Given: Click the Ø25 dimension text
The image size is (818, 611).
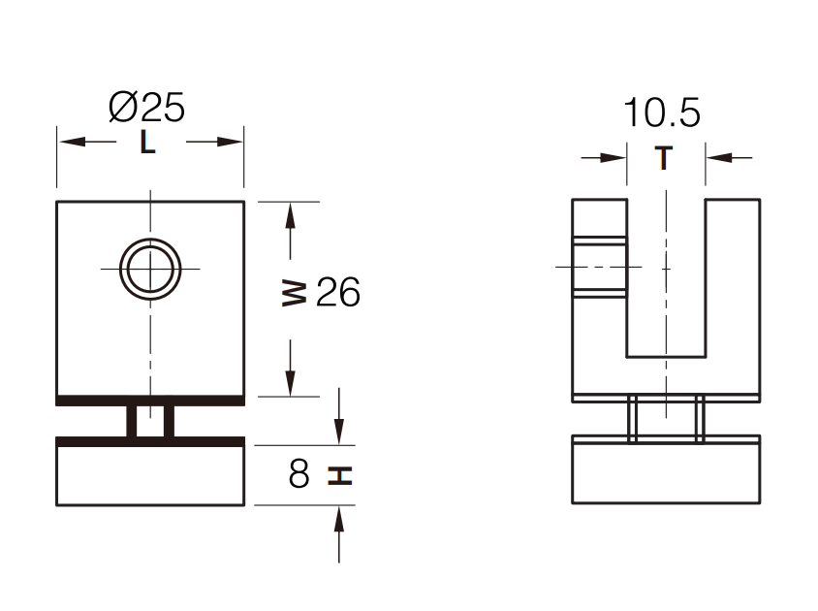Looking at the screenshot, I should point(147,107).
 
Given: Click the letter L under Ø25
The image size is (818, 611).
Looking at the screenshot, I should point(147,143).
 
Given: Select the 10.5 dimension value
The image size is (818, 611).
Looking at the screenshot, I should point(661,113).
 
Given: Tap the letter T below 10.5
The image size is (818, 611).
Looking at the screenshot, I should point(664,157).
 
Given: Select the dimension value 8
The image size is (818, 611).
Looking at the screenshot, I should point(299,475).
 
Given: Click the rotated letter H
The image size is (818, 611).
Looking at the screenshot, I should point(339,475).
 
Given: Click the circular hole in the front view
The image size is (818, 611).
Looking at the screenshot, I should point(150,267).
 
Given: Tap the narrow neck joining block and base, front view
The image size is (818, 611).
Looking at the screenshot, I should point(150,422).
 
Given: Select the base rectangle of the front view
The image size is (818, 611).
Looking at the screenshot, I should point(150,475).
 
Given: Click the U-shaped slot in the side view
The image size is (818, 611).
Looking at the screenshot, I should point(665,281).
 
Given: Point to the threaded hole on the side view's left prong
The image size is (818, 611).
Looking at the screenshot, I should point(599,266).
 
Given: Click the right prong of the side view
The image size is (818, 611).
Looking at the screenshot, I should point(732,291).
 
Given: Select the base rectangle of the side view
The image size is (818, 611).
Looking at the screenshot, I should point(666,472).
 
